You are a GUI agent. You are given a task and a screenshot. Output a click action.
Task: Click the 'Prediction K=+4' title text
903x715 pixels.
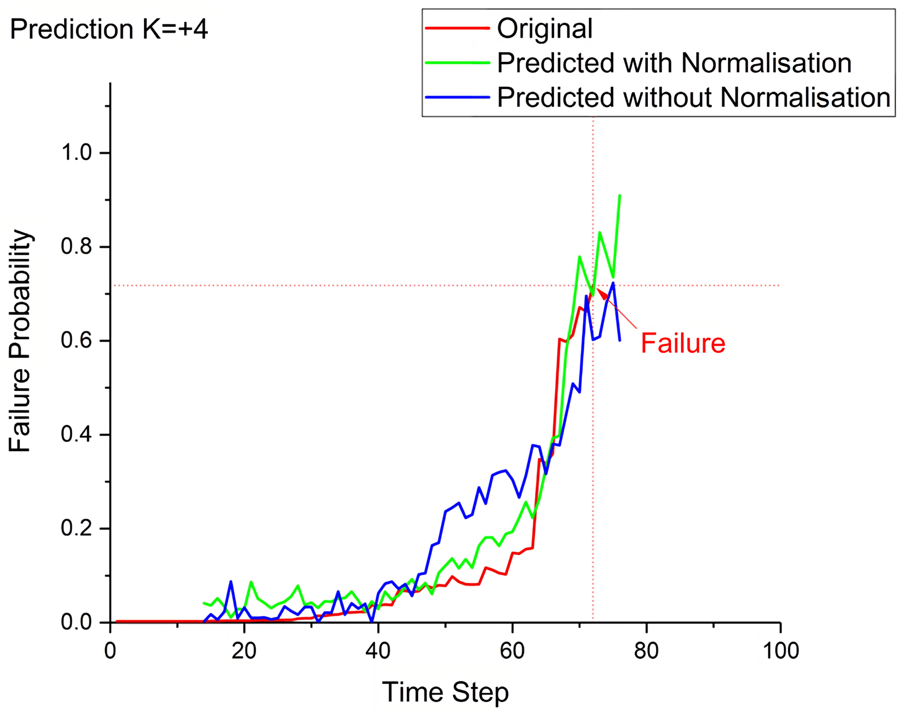click(109, 29)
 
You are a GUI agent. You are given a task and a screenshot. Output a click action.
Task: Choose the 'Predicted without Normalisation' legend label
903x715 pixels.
click(693, 98)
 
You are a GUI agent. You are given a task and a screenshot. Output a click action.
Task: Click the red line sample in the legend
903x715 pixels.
click(457, 28)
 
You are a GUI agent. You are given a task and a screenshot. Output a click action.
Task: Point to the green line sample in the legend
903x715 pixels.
click(457, 63)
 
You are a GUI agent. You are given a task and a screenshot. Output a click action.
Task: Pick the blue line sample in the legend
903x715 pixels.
click(457, 98)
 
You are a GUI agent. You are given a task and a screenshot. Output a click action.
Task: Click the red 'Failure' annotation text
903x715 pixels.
click(683, 344)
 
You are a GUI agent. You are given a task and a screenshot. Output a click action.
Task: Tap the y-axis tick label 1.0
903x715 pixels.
click(77, 152)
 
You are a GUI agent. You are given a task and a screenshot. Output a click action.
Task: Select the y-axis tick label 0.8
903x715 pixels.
click(77, 247)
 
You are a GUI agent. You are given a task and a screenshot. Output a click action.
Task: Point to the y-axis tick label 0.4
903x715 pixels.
click(77, 434)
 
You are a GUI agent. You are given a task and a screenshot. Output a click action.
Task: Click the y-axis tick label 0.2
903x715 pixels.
click(77, 528)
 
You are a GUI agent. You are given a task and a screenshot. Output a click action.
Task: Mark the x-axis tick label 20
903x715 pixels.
click(244, 651)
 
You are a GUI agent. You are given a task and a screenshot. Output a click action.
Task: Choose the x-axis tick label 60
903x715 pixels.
click(512, 651)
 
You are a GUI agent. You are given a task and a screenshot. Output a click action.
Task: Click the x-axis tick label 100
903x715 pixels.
click(780, 651)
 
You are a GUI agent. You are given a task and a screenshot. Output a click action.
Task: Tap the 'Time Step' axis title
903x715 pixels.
click(445, 692)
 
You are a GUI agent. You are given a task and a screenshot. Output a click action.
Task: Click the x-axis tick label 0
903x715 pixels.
click(110, 651)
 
